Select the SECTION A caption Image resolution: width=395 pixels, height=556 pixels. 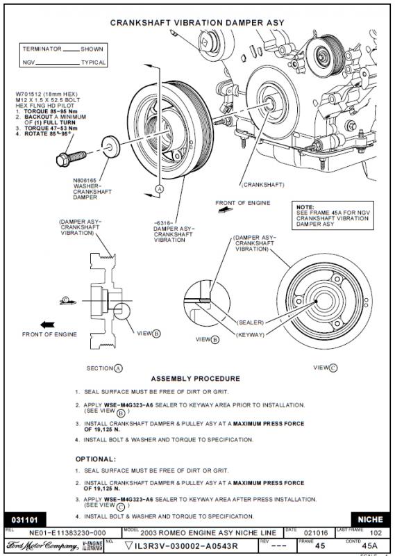[104, 368]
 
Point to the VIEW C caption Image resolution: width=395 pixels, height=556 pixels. [325, 367]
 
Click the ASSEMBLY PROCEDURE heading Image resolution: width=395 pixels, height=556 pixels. [195, 379]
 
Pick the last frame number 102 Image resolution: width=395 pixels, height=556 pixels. [375, 532]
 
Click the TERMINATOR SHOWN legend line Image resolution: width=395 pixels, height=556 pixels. [63, 49]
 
